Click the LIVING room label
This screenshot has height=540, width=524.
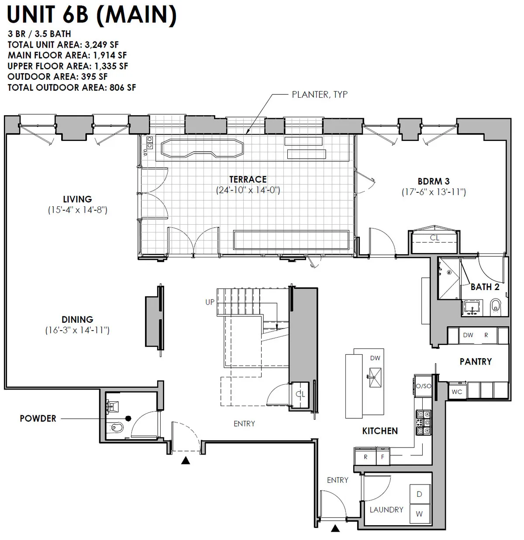[77, 199]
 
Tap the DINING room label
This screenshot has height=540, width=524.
[77, 320]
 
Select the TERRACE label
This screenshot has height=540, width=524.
[248, 179]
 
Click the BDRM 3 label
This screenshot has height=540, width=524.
[433, 181]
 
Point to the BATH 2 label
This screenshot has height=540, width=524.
[485, 287]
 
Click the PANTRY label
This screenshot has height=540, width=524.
[476, 362]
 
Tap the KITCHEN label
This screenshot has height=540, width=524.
[380, 431]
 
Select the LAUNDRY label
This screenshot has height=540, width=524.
[386, 509]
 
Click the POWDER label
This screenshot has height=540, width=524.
[38, 419]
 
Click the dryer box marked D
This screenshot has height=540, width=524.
[419, 494]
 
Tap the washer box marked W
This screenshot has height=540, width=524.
[419, 514]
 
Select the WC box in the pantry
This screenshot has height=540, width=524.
[457, 392]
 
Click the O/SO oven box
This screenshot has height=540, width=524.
[423, 386]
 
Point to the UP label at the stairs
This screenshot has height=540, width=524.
[210, 302]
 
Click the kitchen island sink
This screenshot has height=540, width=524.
[374, 377]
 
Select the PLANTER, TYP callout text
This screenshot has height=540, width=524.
[320, 95]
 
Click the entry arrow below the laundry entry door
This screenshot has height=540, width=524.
[335, 529]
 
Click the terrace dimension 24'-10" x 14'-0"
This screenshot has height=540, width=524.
[248, 190]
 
